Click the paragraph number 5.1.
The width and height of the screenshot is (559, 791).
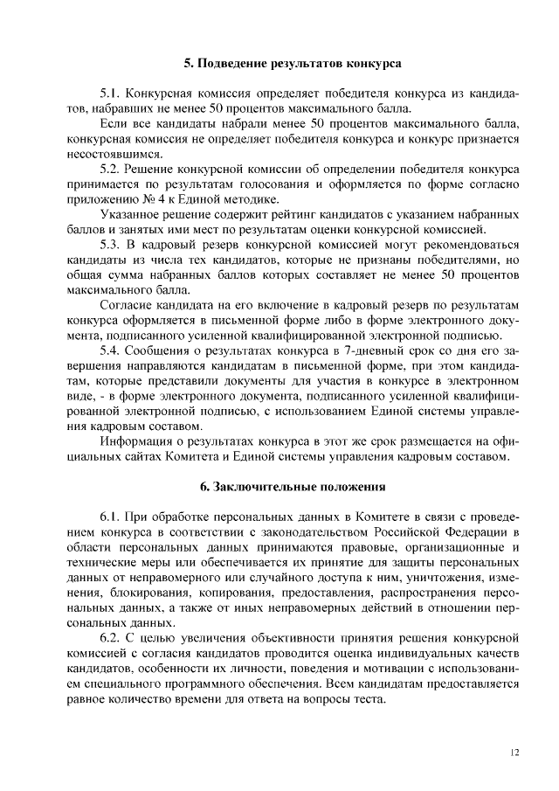tap(112, 94)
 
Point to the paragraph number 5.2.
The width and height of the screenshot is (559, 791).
tap(112, 168)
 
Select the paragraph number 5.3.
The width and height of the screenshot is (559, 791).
tap(112, 242)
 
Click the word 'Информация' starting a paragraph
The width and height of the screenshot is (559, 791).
tap(133, 441)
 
